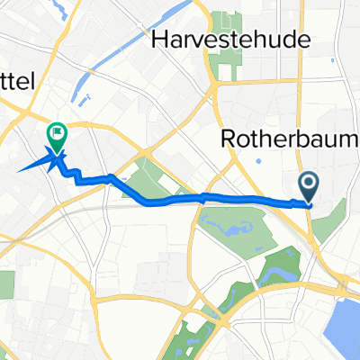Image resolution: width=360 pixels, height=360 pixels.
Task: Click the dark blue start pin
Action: pos(308,186)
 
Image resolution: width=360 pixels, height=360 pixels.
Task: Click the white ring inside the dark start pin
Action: pos(308,184)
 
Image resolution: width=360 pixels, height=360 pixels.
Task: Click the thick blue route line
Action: pos(252,198)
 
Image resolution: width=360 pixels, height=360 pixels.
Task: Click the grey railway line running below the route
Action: pos(162,206)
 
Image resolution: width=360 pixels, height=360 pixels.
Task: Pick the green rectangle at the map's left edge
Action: pos(5,285)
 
